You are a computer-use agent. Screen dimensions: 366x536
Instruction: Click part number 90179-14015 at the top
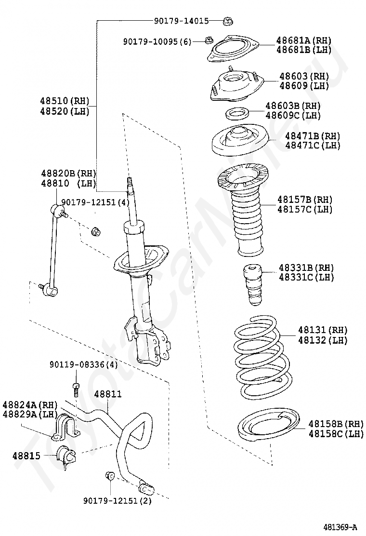pyautogui.click(x=181, y=21)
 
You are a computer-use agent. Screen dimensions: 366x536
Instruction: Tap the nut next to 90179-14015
pyautogui.click(x=227, y=21)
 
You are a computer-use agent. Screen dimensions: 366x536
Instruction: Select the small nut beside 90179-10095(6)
pyautogui.click(x=208, y=40)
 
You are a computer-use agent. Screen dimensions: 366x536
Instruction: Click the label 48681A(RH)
pyautogui.click(x=303, y=40)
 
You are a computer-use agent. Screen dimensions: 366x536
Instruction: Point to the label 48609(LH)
pyautogui.click(x=304, y=85)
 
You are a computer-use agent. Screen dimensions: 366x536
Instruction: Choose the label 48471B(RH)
pyautogui.click(x=313, y=136)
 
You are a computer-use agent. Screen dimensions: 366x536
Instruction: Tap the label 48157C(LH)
pyautogui.click(x=304, y=209)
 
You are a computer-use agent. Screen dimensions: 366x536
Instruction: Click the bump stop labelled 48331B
pyautogui.click(x=253, y=285)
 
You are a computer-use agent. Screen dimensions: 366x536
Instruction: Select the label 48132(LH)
pyautogui.click(x=323, y=340)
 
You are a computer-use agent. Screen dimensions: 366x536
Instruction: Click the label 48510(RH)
pyautogui.click(x=64, y=101)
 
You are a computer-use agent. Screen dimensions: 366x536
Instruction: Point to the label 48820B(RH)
pyautogui.click(x=68, y=174)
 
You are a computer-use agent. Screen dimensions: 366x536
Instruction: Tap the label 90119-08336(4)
pyautogui.click(x=83, y=365)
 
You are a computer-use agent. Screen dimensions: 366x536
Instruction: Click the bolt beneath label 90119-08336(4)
pyautogui.click(x=76, y=389)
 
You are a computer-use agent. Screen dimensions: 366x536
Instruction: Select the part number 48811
pyautogui.click(x=108, y=394)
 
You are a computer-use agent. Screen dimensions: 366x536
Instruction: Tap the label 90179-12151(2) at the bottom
pyautogui.click(x=118, y=500)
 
